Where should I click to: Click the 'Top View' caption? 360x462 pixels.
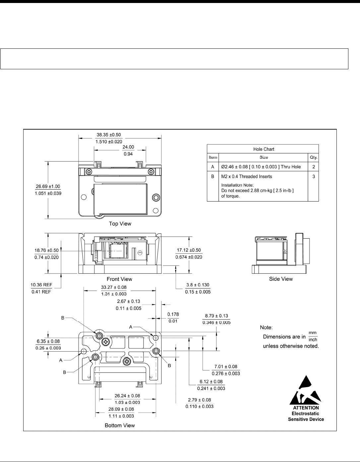(x=120, y=224)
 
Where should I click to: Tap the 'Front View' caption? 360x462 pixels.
(x=119, y=279)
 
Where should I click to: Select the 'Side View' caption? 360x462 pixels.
(x=281, y=279)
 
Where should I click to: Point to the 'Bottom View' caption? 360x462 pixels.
(x=120, y=425)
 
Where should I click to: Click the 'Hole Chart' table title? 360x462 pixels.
(x=264, y=149)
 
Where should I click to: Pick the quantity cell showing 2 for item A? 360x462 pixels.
(x=314, y=167)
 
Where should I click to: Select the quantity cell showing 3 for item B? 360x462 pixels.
(x=314, y=176)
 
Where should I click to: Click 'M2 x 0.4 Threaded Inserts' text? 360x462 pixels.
(x=246, y=176)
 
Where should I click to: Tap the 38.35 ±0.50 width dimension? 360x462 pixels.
(x=109, y=135)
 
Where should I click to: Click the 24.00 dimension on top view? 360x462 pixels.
(x=128, y=147)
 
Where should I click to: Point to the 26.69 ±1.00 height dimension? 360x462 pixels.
(x=48, y=187)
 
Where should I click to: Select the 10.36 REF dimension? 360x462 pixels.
(x=41, y=285)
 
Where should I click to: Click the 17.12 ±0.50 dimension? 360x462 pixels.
(x=189, y=250)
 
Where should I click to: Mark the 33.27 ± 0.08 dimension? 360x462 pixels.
(x=114, y=287)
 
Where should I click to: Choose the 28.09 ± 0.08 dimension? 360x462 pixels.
(x=121, y=409)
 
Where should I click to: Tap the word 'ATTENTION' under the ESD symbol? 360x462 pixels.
(x=306, y=408)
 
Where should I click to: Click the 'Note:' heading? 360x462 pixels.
(x=266, y=327)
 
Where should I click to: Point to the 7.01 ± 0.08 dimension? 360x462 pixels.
(x=226, y=367)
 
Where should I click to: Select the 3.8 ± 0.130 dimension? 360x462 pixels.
(x=198, y=285)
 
